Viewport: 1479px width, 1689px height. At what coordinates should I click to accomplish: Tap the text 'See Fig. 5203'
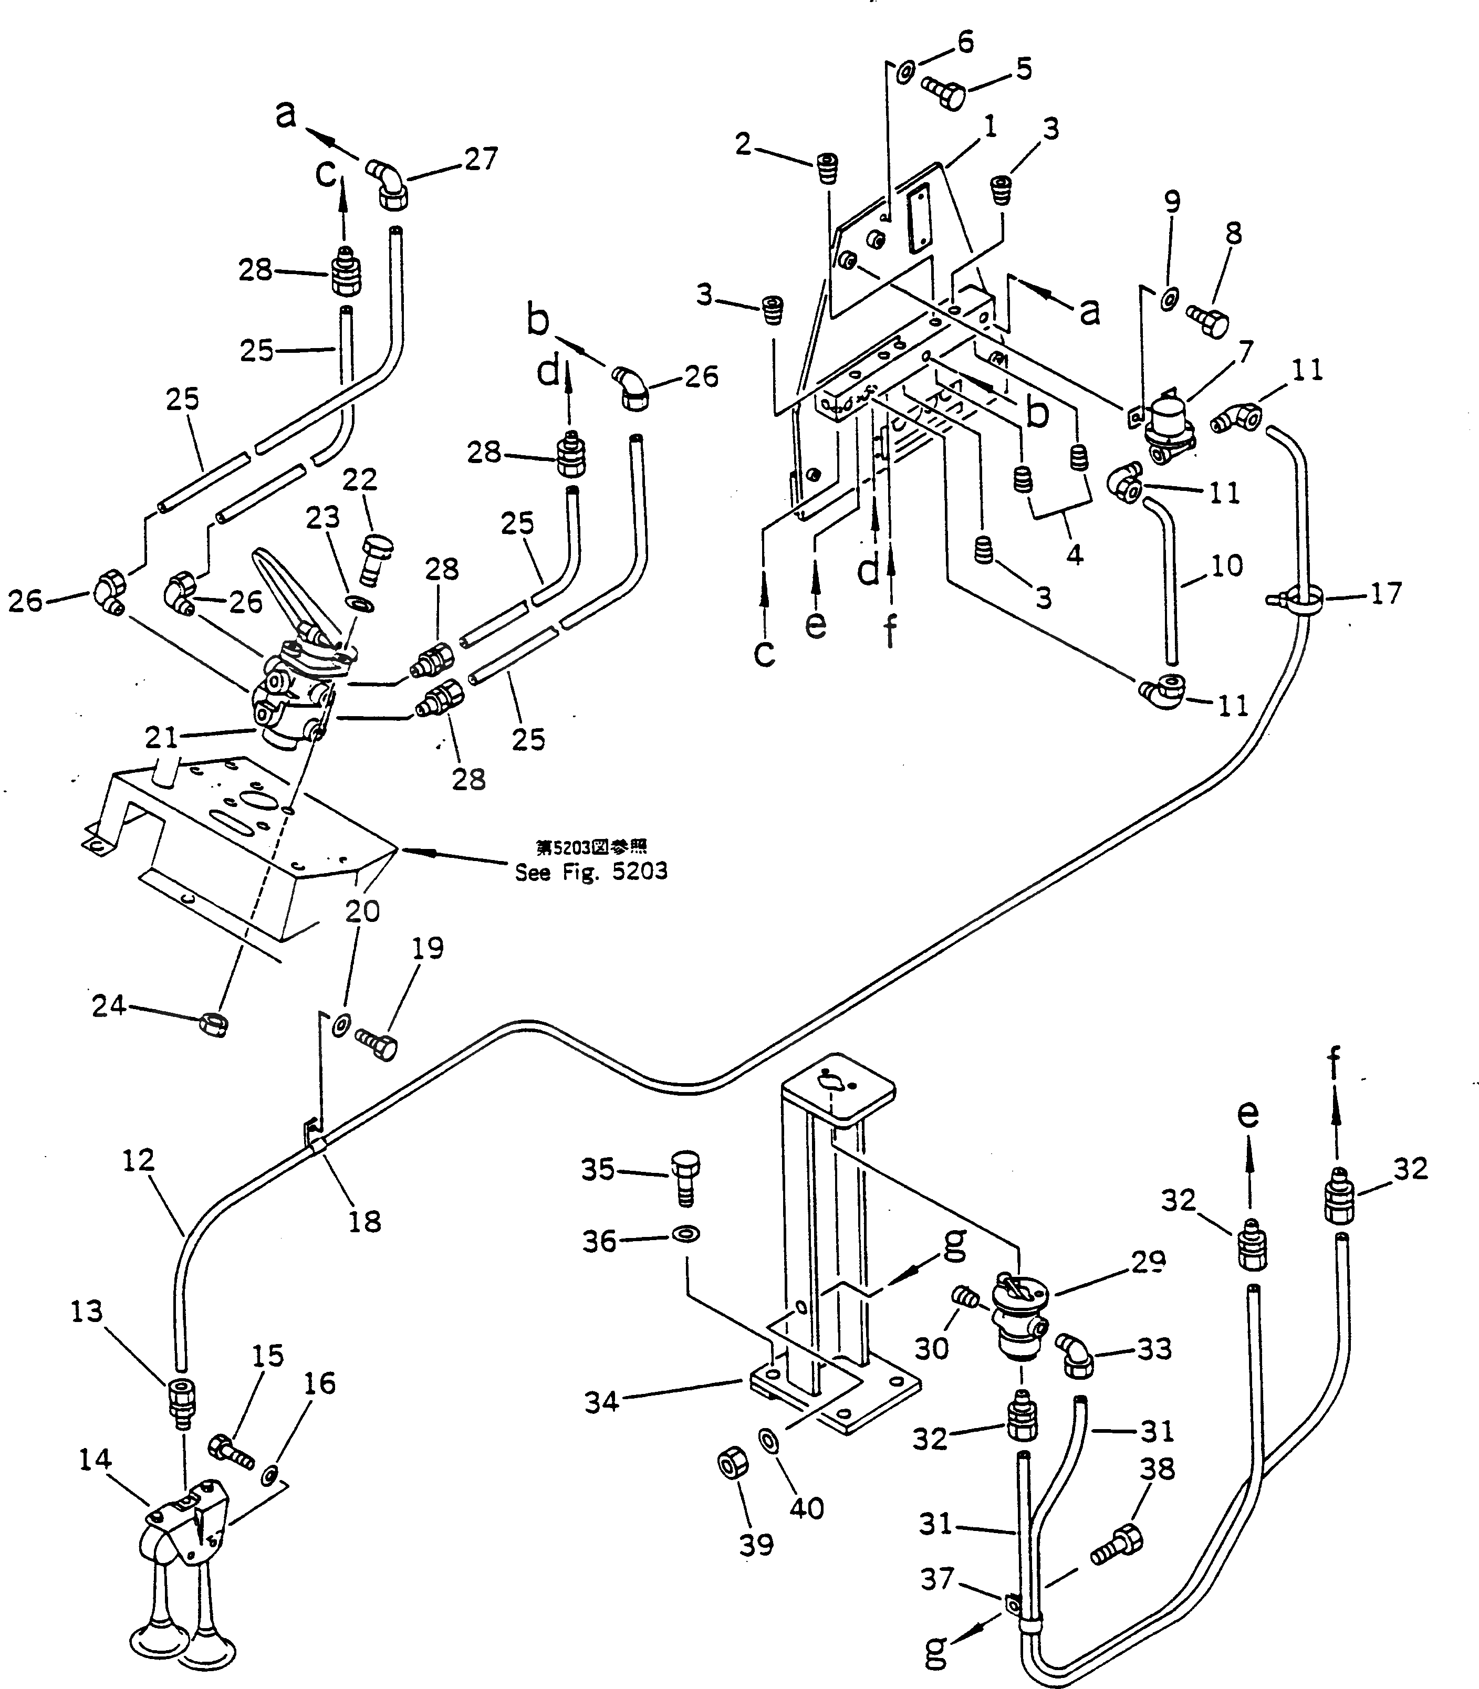tap(591, 872)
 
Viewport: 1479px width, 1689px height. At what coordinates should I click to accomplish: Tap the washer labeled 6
tap(904, 72)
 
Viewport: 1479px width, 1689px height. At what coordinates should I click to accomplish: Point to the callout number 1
tap(991, 125)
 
